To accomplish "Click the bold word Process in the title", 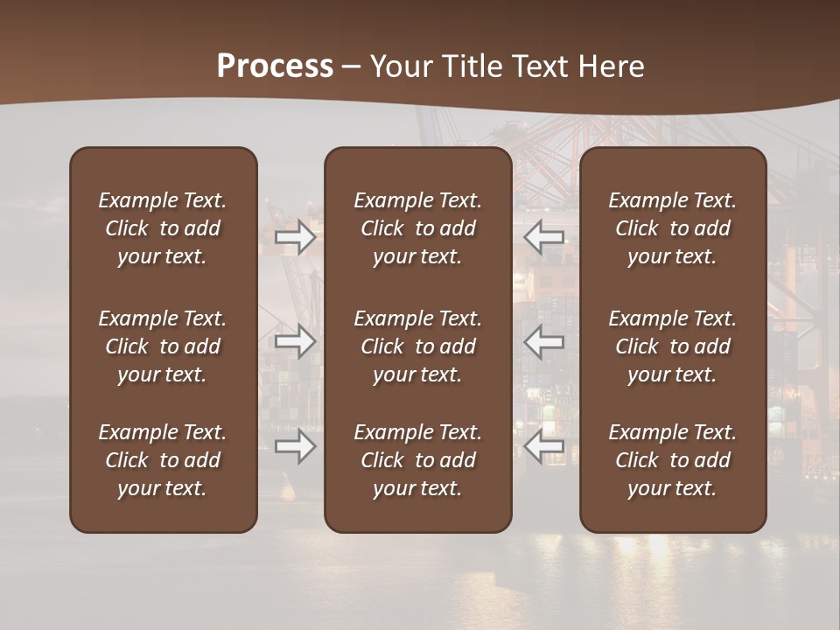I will (275, 66).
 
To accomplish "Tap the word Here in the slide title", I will (613, 66).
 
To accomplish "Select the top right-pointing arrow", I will (295, 237).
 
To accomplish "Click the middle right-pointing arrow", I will (295, 341).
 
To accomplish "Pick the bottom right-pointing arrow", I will (295, 446).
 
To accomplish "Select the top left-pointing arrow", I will (544, 237).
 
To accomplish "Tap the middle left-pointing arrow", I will (544, 341).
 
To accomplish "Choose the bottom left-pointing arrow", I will (544, 446).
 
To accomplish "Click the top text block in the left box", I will (163, 228).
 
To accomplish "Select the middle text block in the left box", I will (163, 346).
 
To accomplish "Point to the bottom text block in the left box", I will (163, 460).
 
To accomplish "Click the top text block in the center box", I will (417, 228).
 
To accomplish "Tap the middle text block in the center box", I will (417, 346).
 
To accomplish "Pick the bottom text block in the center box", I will (417, 460).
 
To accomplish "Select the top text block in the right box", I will (672, 228).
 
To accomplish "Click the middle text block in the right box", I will (672, 346).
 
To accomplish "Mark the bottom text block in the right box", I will (672, 460).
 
